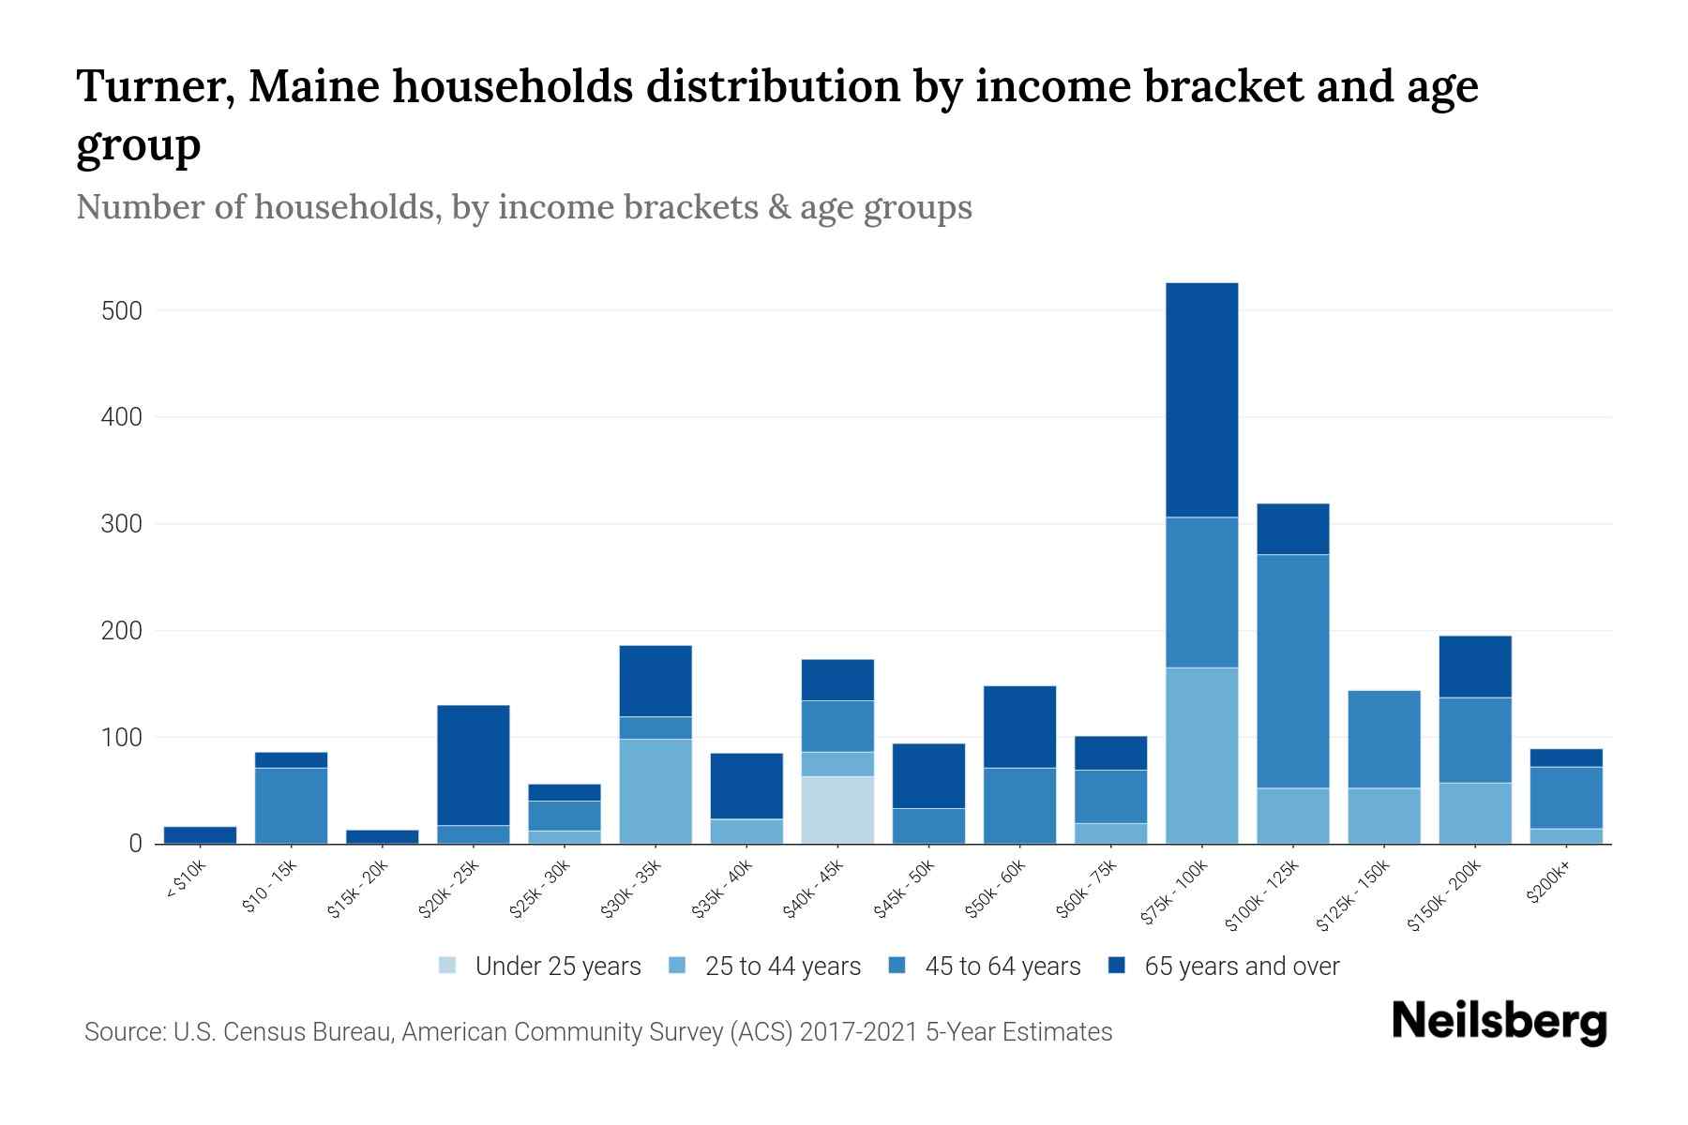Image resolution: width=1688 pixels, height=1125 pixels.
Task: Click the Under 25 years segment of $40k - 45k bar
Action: pyautogui.click(x=837, y=810)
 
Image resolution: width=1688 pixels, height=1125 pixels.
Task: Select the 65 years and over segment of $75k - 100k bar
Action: pyautogui.click(x=1201, y=400)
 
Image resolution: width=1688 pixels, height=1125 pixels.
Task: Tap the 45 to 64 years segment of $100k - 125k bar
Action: pyautogui.click(x=1292, y=671)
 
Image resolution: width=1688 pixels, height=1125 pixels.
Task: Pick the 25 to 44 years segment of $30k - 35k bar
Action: pyautogui.click(x=656, y=791)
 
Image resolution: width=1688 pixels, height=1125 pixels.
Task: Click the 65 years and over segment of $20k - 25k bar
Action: pyautogui.click(x=474, y=765)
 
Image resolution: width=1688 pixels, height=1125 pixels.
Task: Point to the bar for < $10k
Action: pyautogui.click(x=201, y=835)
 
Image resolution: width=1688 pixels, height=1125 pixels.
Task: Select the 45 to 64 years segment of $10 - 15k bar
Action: pyautogui.click(x=292, y=806)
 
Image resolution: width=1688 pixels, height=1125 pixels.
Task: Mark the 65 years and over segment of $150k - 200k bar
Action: pyautogui.click(x=1474, y=667)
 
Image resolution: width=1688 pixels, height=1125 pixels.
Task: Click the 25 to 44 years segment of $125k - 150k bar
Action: pyautogui.click(x=1383, y=816)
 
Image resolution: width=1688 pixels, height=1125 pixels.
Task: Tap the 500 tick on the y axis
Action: pyautogui.click(x=122, y=310)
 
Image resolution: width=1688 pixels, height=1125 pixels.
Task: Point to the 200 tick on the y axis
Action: pyautogui.click(x=122, y=631)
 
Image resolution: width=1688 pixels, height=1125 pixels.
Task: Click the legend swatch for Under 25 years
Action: pyautogui.click(x=448, y=966)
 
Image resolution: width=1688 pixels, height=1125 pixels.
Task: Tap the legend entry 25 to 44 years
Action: pyautogui.click(x=782, y=966)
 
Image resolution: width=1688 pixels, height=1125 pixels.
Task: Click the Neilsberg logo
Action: pyautogui.click(x=1499, y=1022)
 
